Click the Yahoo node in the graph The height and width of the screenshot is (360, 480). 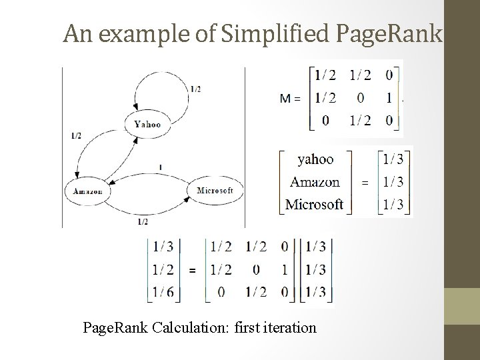(x=147, y=123)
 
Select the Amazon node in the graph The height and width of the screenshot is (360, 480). (x=87, y=191)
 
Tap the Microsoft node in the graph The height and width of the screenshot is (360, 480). (x=215, y=191)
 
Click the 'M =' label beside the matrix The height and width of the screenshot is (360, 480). (x=290, y=99)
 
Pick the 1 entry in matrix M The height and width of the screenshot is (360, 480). (x=389, y=99)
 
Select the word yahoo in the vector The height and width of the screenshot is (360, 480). (x=315, y=159)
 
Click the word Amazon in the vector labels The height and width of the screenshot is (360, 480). (x=315, y=181)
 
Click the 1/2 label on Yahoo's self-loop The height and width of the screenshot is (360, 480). (x=195, y=88)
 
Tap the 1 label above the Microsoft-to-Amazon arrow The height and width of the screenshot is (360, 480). (x=161, y=167)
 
